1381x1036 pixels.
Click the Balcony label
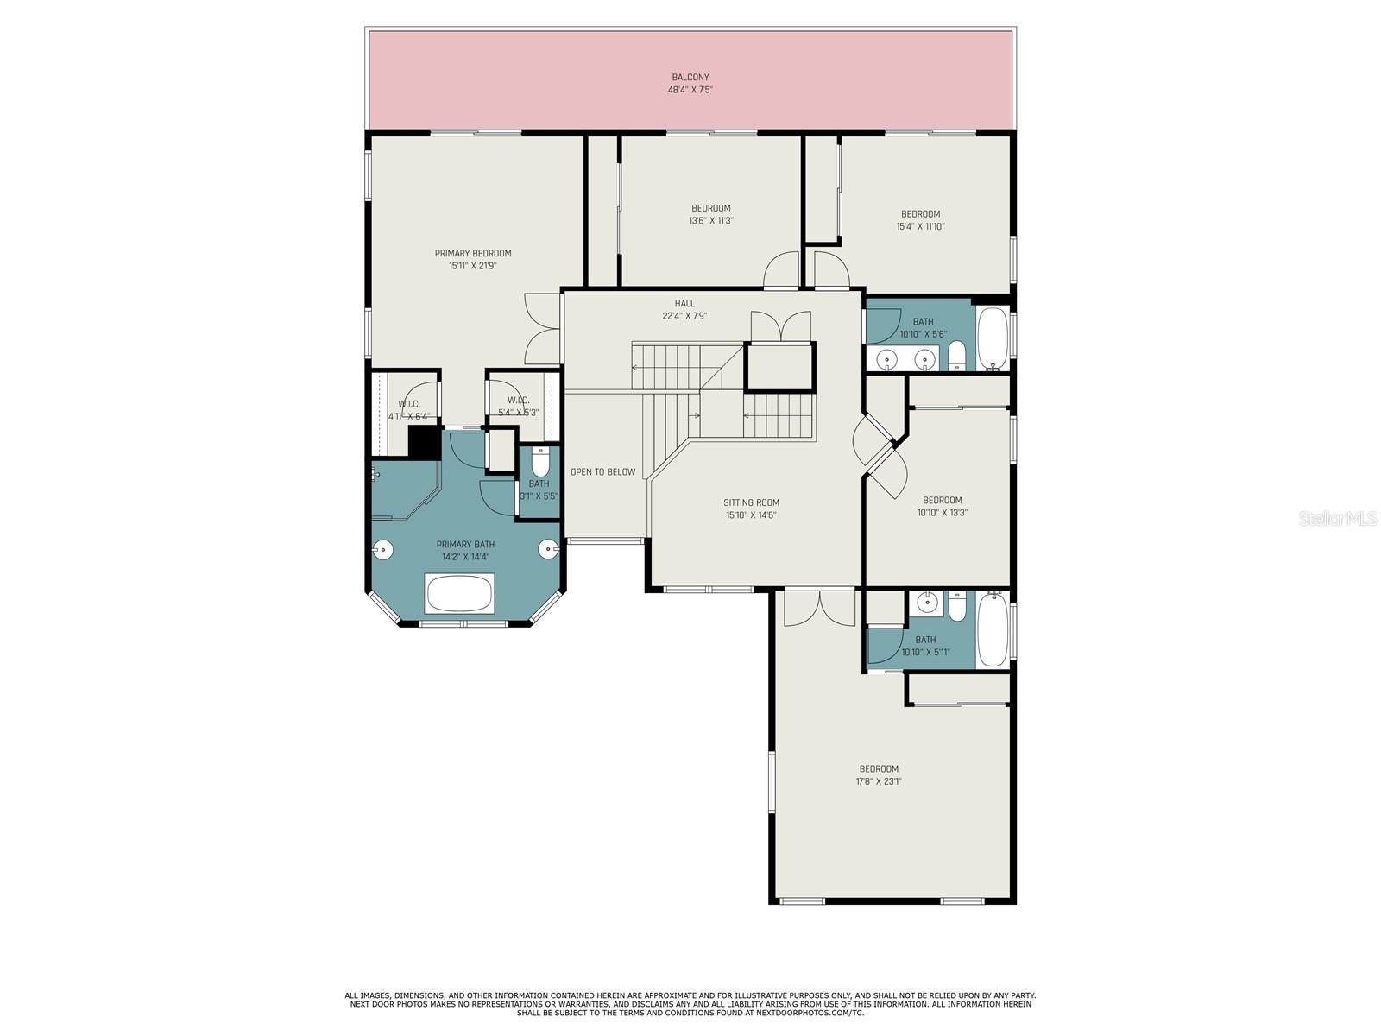coord(690,78)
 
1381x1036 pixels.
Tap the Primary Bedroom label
coord(472,254)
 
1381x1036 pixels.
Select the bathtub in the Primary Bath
coord(459,593)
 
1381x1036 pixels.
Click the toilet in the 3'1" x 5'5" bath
coord(539,463)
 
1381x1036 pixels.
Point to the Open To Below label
coord(602,471)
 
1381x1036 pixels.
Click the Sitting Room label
coord(751,502)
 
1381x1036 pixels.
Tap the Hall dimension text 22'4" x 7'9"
coord(684,316)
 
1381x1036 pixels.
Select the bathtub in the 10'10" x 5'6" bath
coord(993,338)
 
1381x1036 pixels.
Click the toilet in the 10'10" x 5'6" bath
coord(956,356)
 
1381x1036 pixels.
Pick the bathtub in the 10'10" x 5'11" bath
coord(993,629)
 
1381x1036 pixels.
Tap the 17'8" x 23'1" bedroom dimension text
coord(880,781)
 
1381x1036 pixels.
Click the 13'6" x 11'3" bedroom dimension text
coord(711,221)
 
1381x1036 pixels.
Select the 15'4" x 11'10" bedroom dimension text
coord(920,226)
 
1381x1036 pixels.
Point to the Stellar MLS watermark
coord(1338,518)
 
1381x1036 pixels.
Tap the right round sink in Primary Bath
coord(549,549)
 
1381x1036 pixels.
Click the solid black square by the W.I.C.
coord(424,442)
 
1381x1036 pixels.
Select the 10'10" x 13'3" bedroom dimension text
coord(942,513)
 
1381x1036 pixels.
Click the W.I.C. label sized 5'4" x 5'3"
coord(519,401)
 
